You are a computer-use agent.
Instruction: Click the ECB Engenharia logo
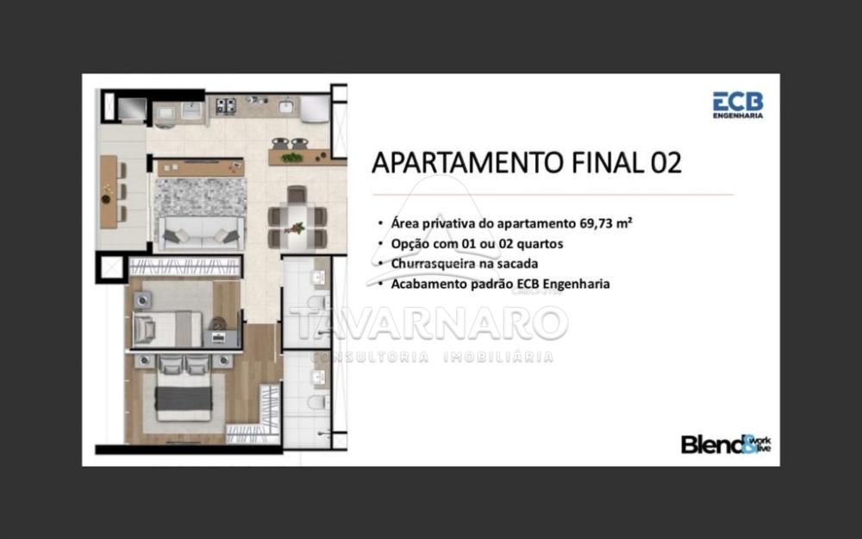pyautogui.click(x=738, y=105)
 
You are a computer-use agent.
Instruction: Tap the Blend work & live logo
pyautogui.click(x=726, y=444)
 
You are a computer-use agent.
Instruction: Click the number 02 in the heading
pyautogui.click(x=666, y=162)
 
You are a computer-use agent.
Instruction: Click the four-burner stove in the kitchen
pyautogui.click(x=225, y=105)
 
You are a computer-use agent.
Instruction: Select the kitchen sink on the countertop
pyautogui.click(x=285, y=105)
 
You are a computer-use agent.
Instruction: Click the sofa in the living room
pyautogui.click(x=200, y=233)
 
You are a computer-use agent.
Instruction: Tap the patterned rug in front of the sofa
pyautogui.click(x=200, y=197)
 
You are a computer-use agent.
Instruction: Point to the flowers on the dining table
pyautogui.click(x=297, y=228)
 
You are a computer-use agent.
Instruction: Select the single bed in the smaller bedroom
pyautogui.click(x=167, y=329)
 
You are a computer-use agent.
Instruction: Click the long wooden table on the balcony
pyautogui.click(x=109, y=191)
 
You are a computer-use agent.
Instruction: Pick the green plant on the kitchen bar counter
pyautogui.click(x=292, y=158)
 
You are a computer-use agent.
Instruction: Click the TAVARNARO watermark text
pyautogui.click(x=428, y=323)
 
